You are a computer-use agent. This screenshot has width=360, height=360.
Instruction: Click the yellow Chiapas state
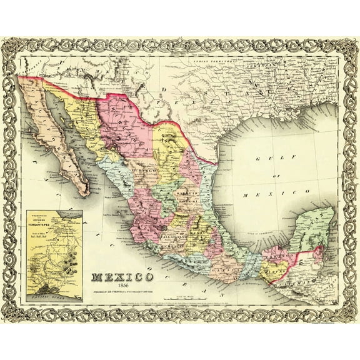[274, 269]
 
